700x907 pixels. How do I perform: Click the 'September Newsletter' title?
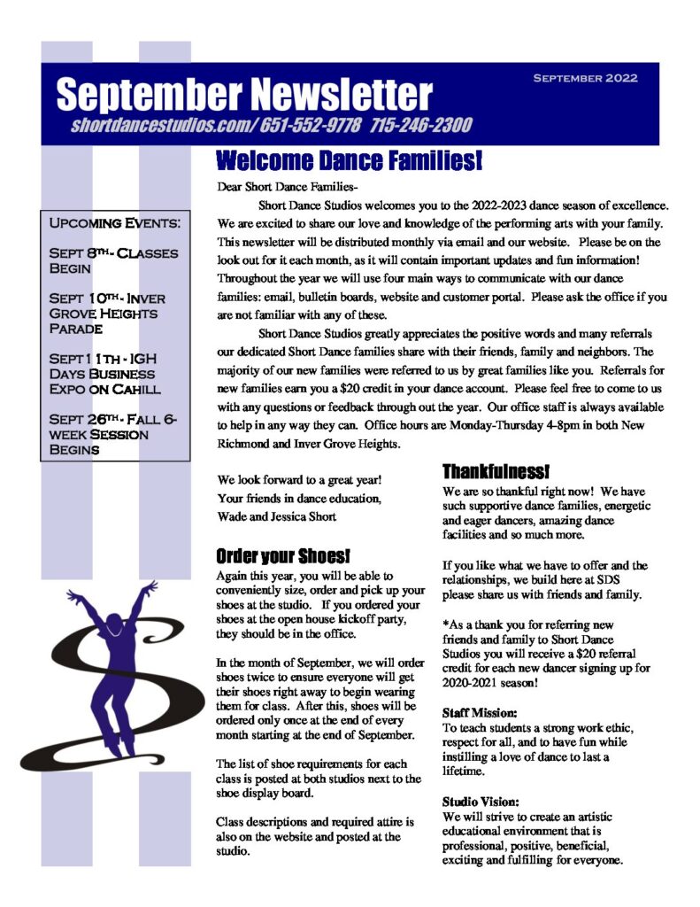pos(244,95)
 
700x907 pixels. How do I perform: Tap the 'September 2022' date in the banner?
pos(585,78)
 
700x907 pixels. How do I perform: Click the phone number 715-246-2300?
pos(421,125)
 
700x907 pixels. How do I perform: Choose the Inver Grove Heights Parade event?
pos(107,313)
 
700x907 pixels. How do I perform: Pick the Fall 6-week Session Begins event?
pos(112,434)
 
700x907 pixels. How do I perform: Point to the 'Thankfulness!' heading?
pos(496,471)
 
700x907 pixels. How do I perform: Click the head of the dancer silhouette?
pos(114,613)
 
